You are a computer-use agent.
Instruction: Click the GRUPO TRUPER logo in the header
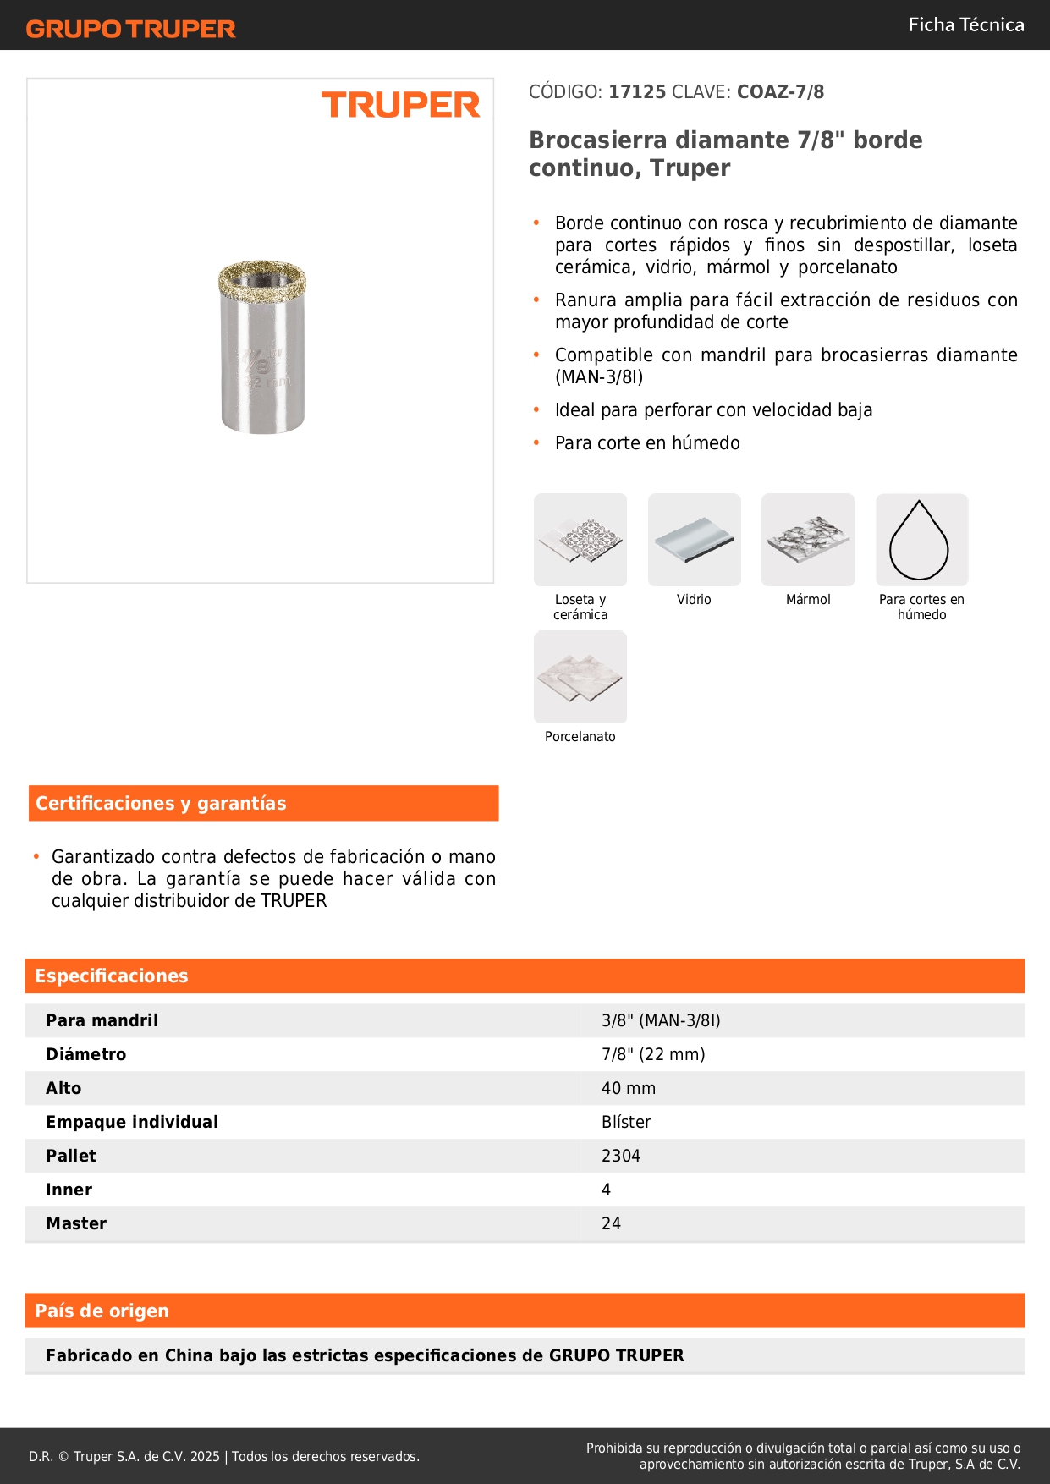pyautogui.click(x=130, y=29)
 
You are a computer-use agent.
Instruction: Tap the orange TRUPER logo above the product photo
pyautogui.click(x=400, y=105)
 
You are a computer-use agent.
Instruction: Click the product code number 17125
pyautogui.click(x=637, y=91)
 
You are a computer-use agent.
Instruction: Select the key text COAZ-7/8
pyautogui.click(x=780, y=91)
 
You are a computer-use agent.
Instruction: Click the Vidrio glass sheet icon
pyautogui.click(x=694, y=541)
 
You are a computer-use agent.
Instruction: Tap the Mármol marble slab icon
pyautogui.click(x=808, y=541)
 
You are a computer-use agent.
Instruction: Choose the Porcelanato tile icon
pyautogui.click(x=580, y=677)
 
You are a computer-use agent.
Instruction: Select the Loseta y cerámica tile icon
pyautogui.click(x=580, y=541)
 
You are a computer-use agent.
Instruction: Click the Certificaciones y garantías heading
pyautogui.click(x=161, y=803)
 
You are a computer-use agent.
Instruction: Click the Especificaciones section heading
pyautogui.click(x=112, y=976)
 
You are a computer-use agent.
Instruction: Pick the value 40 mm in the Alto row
pyautogui.click(x=629, y=1088)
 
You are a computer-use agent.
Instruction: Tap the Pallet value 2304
pyautogui.click(x=621, y=1156)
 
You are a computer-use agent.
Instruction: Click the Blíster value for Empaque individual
pyautogui.click(x=626, y=1122)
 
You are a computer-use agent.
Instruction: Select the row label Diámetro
pyautogui.click(x=86, y=1054)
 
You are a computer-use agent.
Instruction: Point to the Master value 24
pyautogui.click(x=611, y=1223)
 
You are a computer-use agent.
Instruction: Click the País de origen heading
pyautogui.click(x=102, y=1311)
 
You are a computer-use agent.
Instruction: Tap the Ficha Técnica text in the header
pyautogui.click(x=965, y=25)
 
